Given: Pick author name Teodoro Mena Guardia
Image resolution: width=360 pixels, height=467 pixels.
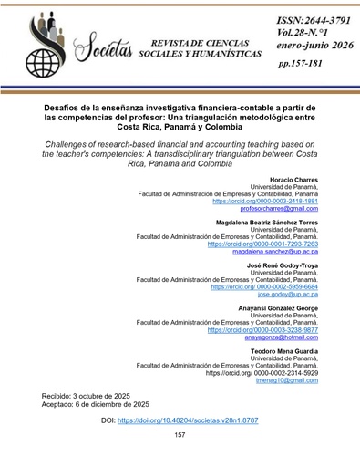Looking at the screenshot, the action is pos(282,350).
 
